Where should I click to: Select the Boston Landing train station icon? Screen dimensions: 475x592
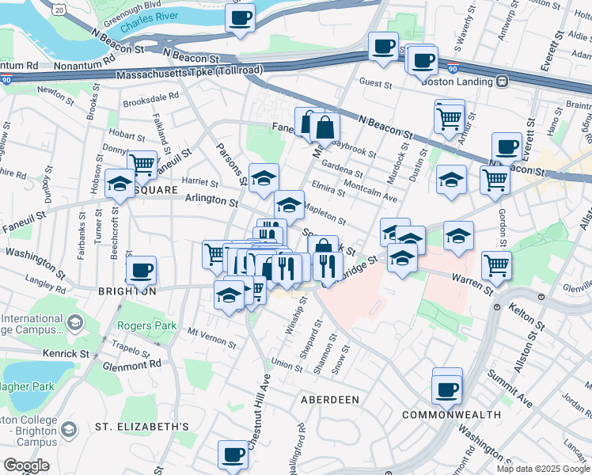tap(502, 81)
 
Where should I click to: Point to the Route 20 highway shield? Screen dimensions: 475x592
tap(59, 8)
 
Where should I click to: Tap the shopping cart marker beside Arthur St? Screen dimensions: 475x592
tap(449, 118)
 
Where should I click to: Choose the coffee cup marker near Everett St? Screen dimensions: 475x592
tap(507, 146)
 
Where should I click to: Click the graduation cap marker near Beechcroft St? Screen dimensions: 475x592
tap(120, 183)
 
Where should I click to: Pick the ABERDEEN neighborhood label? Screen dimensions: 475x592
tap(330, 400)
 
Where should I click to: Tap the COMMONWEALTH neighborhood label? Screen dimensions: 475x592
tap(451, 415)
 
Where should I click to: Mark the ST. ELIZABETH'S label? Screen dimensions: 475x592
tap(142, 427)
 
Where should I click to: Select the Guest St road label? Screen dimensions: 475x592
tap(376, 82)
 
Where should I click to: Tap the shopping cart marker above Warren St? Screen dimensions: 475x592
tap(496, 266)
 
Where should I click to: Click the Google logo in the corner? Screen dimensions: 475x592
tap(26, 465)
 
